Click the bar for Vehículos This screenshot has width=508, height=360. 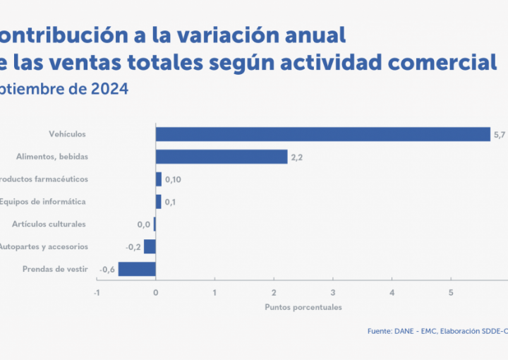322,134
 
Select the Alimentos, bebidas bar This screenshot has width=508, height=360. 222,157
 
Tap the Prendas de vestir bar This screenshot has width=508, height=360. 137,269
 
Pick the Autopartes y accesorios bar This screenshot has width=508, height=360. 150,246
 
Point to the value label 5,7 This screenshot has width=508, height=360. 499,135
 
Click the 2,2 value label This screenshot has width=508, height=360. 297,157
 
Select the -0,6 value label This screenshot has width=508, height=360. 108,270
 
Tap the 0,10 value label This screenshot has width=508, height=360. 173,180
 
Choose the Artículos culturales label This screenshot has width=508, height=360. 49,224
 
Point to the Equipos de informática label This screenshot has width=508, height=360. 43,202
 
